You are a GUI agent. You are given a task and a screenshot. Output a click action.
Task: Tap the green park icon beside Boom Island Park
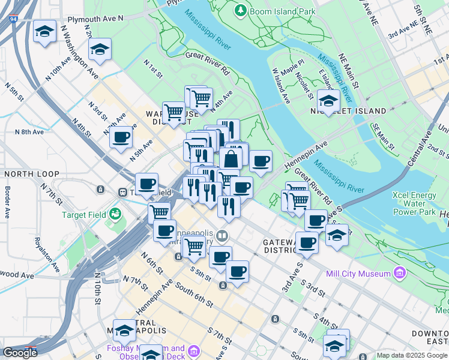coord(240,11)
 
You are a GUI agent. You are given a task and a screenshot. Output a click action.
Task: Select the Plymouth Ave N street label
coord(95,19)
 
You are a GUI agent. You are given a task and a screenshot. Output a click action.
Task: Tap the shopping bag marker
coord(231,160)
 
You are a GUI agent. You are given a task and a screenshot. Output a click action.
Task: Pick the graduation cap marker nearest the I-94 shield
coord(44,32)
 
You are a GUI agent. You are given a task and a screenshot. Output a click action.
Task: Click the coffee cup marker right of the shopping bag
coord(261,161)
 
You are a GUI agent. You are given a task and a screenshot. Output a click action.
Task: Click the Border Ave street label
coord(8,203)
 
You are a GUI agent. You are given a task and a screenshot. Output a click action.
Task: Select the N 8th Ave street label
coord(29,131)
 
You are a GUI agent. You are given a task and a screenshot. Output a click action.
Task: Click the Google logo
coord(20,352)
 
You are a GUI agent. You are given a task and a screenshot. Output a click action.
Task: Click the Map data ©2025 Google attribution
coord(412,355)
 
